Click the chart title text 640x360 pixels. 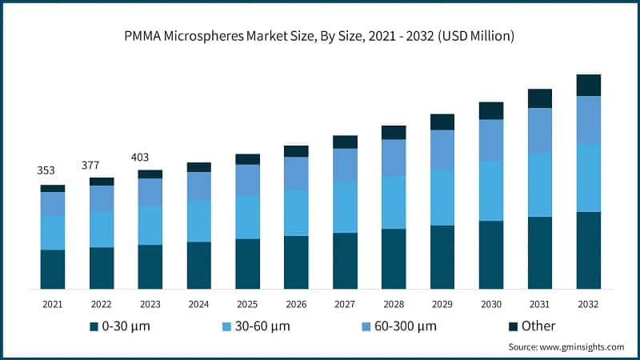(x=320, y=36)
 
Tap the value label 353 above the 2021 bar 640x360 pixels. (x=48, y=171)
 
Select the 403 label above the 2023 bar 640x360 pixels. (x=139, y=157)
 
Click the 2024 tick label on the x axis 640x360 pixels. (x=198, y=304)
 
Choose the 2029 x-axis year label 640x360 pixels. (x=442, y=304)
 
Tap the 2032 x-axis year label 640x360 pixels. (x=588, y=304)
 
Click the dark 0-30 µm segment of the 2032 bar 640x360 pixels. (x=588, y=250)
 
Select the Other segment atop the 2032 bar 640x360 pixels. (x=588, y=85)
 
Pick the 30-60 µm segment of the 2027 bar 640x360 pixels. (x=345, y=207)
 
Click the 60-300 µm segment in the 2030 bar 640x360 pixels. (x=490, y=140)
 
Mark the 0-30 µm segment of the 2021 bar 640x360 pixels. (x=53, y=269)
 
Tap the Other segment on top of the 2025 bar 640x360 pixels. (x=247, y=159)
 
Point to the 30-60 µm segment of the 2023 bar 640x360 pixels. (x=150, y=225)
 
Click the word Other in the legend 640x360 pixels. (x=538, y=326)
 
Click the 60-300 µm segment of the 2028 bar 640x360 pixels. (x=394, y=158)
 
